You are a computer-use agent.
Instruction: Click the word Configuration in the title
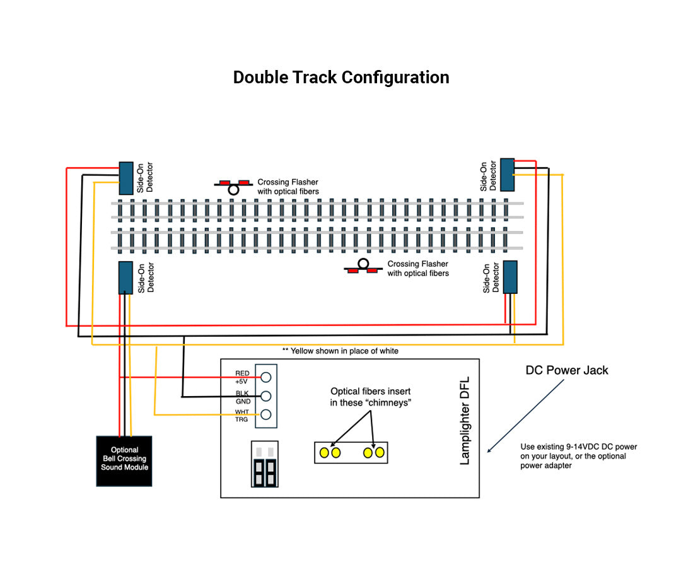[x=395, y=78]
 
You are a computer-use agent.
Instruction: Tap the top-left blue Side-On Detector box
[x=126, y=178]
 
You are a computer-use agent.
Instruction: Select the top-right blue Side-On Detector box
[x=507, y=174]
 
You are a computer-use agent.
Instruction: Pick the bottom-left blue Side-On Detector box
[x=125, y=278]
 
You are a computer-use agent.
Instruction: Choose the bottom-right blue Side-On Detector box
[x=509, y=277]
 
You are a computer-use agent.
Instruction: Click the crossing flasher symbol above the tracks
[x=234, y=186]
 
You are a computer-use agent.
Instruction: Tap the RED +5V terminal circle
[x=266, y=377]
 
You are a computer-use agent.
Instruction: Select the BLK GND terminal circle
[x=266, y=396]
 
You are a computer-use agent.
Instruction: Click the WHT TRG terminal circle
[x=266, y=414]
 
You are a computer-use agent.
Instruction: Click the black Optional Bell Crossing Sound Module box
[x=124, y=461]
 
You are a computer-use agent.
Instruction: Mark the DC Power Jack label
[x=567, y=370]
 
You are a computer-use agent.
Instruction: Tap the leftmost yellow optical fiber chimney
[x=324, y=452]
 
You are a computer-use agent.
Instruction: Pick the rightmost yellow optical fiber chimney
[x=379, y=452]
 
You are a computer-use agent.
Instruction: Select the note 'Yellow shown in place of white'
[x=340, y=351]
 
